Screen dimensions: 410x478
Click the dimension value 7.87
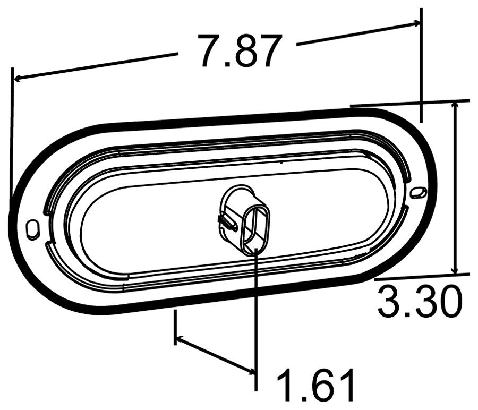pyautogui.click(x=238, y=52)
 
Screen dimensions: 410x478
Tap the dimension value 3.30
pyautogui.click(x=418, y=303)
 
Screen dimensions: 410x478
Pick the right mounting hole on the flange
pyautogui.click(x=418, y=192)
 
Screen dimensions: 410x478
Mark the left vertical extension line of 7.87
pyautogui.click(x=11, y=133)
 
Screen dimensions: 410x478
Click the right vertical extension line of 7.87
pyautogui.click(x=421, y=64)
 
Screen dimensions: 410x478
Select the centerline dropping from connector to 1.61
pyautogui.click(x=256, y=319)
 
